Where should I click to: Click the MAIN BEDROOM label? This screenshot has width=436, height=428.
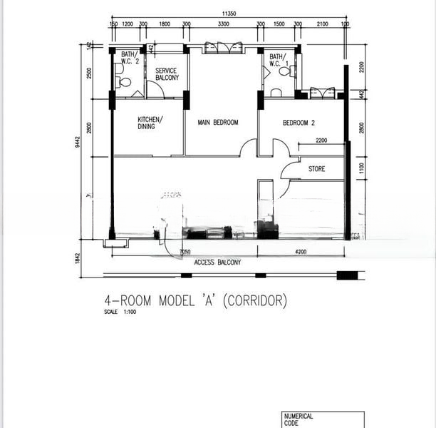pos(217,123)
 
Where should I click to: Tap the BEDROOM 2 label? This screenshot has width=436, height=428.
pos(299,123)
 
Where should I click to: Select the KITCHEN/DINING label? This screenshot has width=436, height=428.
pos(150,123)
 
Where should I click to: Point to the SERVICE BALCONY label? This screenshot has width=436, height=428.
pos(167,74)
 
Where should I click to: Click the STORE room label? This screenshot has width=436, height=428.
pos(316,169)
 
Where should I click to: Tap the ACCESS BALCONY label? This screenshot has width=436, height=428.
pos(217,263)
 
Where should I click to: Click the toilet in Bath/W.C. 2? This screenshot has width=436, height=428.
pos(124,82)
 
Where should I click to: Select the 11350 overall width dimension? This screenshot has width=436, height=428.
pos(229,13)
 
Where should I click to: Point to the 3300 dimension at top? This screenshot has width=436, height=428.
pos(223,24)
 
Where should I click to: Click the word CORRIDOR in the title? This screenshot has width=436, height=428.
pos(256,301)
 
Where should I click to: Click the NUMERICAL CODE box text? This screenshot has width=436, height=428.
pos(299,419)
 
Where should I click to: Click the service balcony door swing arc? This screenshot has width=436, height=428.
pos(155,91)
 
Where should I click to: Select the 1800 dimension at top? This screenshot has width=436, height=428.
pos(165,24)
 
